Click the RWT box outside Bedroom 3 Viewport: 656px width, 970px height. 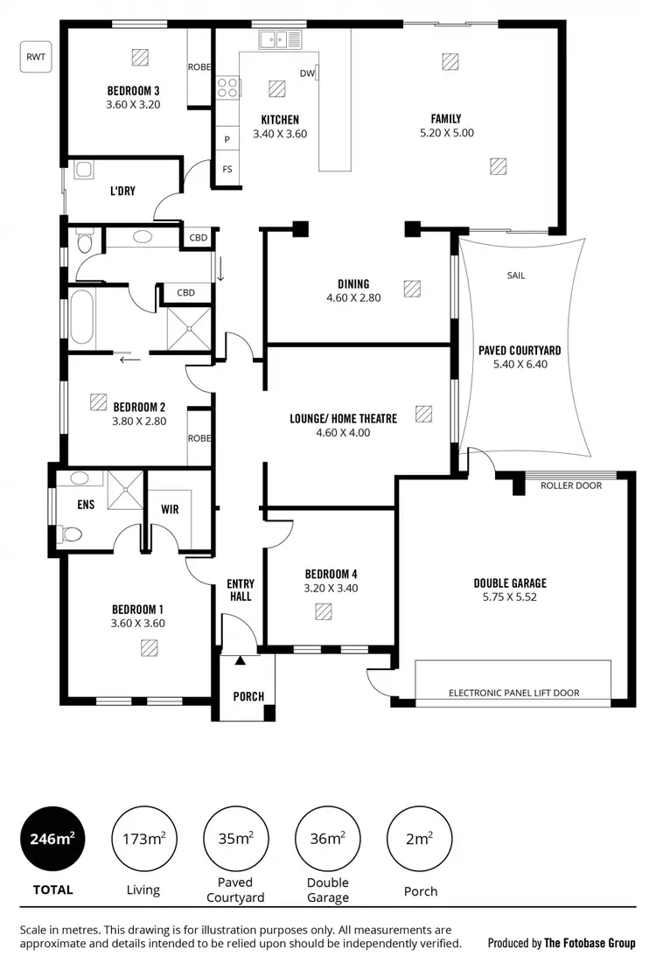point(36,57)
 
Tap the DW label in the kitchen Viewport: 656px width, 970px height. point(306,74)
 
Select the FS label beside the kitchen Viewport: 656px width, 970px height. point(227,169)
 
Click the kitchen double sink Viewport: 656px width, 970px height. point(278,39)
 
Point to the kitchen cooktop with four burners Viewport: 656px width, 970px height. point(227,87)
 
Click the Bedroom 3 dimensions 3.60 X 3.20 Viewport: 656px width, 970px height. point(134,104)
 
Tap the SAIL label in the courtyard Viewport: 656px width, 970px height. point(516,276)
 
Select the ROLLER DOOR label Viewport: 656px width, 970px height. point(570,485)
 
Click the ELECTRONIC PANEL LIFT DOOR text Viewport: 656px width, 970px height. point(513,693)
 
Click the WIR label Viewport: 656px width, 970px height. point(170,509)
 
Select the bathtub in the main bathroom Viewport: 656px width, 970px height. point(81,316)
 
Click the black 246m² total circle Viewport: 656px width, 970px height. point(52,839)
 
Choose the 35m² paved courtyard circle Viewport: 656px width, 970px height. point(236,839)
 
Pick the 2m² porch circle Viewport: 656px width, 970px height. point(418,839)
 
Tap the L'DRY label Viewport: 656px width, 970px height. point(122,191)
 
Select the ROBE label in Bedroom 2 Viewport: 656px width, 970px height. point(199,438)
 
